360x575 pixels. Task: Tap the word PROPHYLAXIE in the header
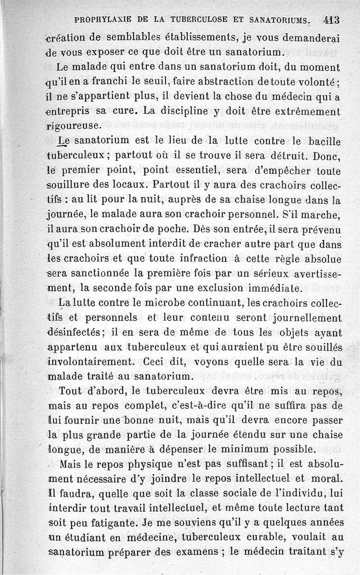point(104,20)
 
